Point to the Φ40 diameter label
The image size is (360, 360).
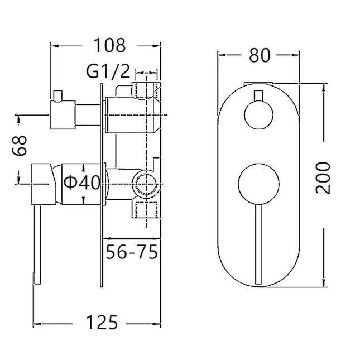[x=81, y=182]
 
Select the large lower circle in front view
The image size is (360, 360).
[x=258, y=183]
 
